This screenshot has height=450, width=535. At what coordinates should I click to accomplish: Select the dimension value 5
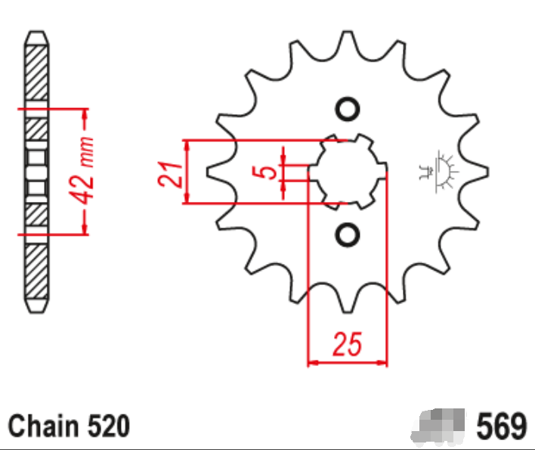click(266, 172)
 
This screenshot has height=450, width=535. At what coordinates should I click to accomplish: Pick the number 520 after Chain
click(107, 426)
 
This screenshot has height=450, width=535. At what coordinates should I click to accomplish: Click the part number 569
click(501, 426)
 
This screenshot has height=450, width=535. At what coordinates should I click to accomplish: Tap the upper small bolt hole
click(347, 110)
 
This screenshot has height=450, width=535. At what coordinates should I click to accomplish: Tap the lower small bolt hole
click(347, 235)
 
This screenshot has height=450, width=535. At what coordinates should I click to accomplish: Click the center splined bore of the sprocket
click(347, 172)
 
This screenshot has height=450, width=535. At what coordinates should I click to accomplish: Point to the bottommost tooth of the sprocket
click(347, 304)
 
